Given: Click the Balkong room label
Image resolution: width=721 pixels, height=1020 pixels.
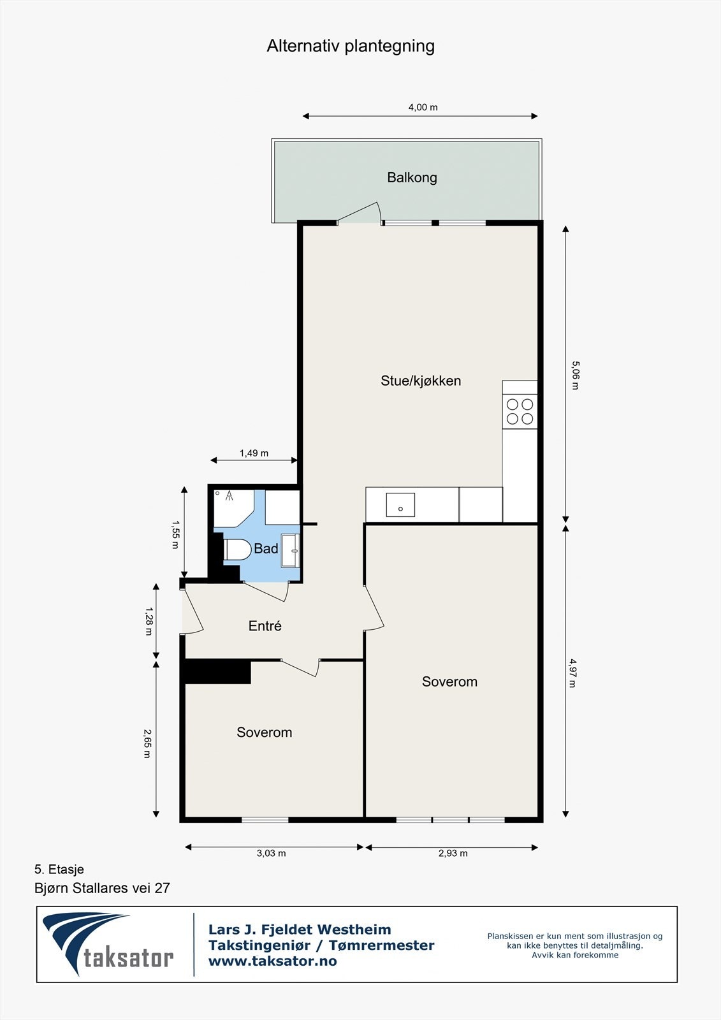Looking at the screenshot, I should (412, 177).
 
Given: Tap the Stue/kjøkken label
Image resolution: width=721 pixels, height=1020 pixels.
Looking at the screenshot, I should (421, 381).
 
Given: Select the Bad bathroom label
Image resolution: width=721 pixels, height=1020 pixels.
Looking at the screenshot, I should (266, 548).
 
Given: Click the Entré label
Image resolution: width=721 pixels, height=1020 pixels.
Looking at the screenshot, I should (265, 626).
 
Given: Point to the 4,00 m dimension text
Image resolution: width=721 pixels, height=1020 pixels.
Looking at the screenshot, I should (423, 107).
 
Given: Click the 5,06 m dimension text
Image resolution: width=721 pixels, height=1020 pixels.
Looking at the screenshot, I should (574, 375).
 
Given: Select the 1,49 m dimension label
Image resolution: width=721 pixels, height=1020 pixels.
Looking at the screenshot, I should (254, 453).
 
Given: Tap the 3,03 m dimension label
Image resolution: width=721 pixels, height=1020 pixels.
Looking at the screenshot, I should (271, 853).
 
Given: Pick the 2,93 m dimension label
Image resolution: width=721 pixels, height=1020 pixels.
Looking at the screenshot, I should (453, 853).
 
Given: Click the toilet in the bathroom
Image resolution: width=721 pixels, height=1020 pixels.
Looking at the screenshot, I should (237, 550).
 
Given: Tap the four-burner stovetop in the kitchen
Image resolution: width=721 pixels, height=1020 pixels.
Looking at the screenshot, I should (520, 411).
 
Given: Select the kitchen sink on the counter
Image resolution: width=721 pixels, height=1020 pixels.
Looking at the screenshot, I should (400, 505).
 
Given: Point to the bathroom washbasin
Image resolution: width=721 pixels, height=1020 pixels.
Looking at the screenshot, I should (291, 550).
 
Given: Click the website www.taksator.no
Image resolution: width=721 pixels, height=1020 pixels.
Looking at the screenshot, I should (272, 961).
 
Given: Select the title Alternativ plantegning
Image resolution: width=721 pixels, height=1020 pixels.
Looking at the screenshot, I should (351, 46).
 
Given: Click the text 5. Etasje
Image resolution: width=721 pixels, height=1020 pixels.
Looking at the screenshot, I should (59, 869).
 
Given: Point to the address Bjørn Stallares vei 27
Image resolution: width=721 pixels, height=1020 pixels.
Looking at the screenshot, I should (102, 888).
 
